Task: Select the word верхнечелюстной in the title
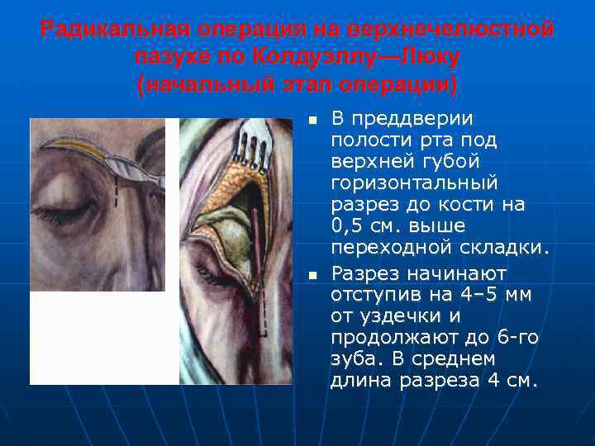pos(438,31)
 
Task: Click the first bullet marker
pos(312,122)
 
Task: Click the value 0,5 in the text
pos(347,225)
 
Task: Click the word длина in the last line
pos(362,381)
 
